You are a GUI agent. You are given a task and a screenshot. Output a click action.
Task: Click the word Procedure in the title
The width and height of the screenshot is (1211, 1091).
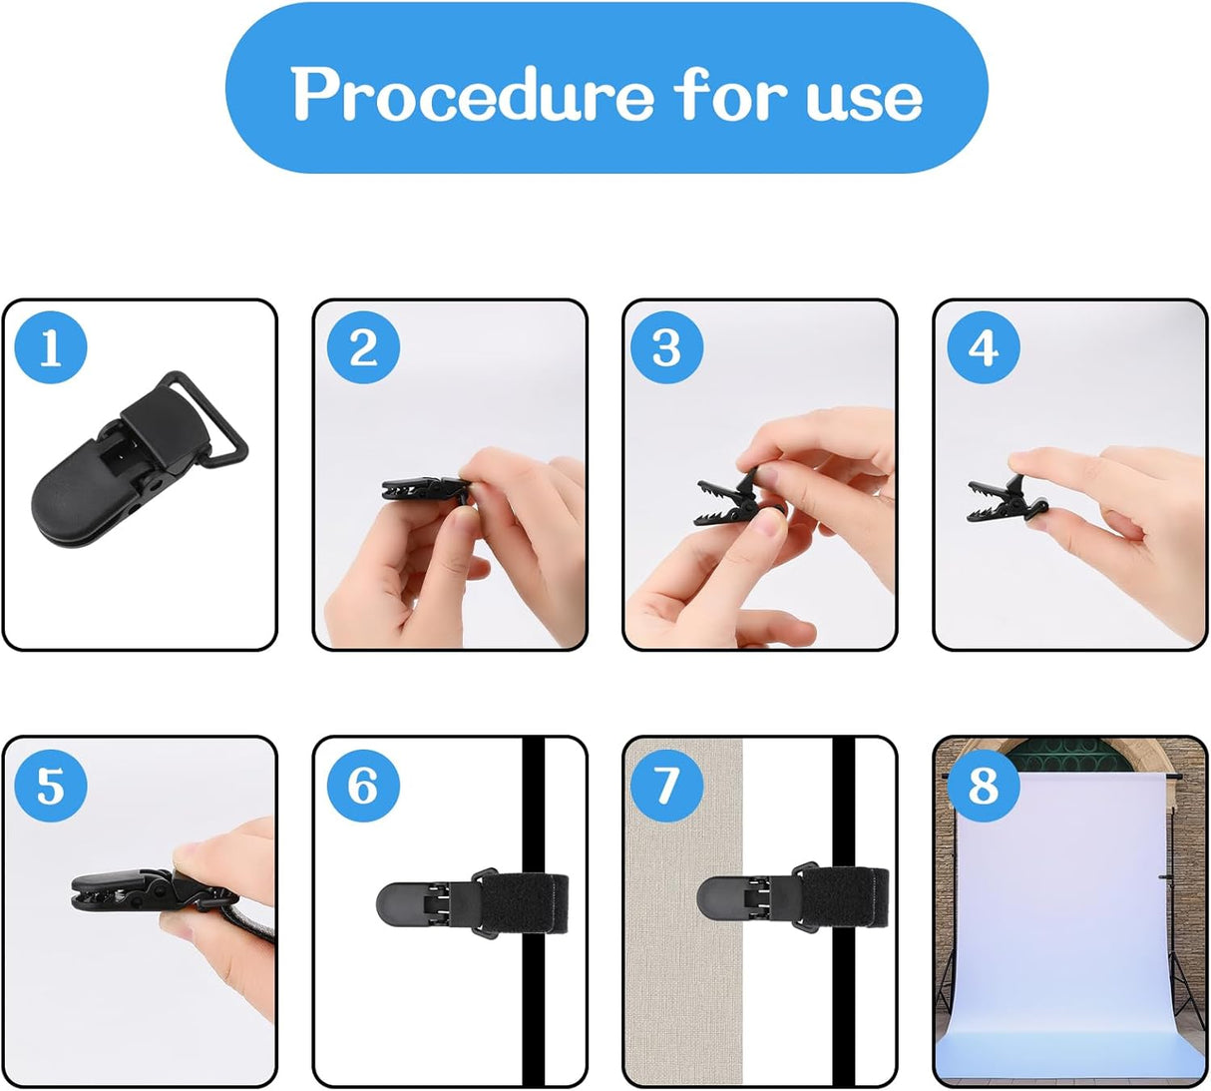click(x=472, y=95)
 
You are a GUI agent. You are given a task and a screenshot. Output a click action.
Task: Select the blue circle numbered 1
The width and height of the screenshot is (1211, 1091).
click(x=51, y=348)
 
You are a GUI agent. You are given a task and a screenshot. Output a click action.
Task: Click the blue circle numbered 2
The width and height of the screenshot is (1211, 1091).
click(x=363, y=348)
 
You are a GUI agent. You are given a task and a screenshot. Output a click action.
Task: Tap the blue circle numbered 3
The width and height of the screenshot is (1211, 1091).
click(x=666, y=348)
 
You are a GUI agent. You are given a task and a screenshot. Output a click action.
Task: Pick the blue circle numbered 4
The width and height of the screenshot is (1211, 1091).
click(x=983, y=348)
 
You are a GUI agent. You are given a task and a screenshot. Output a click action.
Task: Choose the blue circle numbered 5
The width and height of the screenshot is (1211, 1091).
click(x=51, y=786)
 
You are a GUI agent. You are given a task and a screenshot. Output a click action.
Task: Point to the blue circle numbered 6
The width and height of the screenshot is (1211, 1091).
click(x=363, y=786)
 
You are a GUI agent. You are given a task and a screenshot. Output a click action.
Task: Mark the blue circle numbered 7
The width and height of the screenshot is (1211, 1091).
click(x=666, y=786)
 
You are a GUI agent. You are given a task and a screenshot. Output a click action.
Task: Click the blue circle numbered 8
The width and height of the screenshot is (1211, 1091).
click(x=983, y=786)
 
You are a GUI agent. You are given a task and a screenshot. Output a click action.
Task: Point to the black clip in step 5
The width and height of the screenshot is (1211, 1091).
click(x=120, y=889)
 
